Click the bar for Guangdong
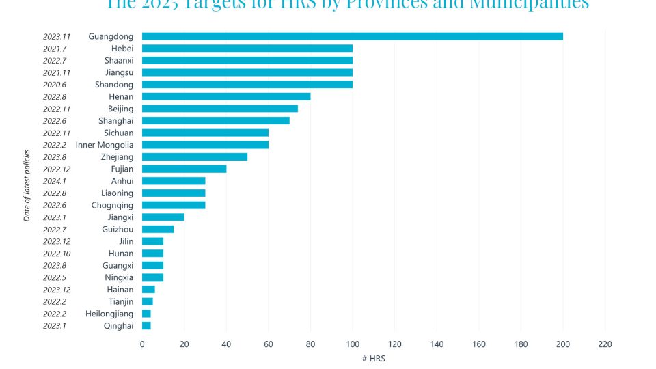(352, 36)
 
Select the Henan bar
(226, 96)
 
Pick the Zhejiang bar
(195, 156)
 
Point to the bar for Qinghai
(146, 325)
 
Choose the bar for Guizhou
(158, 229)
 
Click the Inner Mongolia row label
(105, 145)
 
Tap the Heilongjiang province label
(109, 314)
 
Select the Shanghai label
(116, 121)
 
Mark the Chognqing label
(113, 205)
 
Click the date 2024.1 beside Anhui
(55, 181)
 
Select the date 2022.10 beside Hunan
(57, 254)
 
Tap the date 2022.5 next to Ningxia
(55, 277)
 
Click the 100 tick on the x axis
(353, 344)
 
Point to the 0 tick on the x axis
(142, 344)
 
